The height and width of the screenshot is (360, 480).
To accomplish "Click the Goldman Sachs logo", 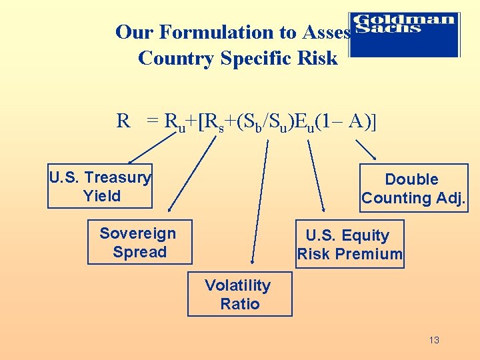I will [405, 34].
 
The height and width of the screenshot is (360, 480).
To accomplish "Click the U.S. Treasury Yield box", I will [100, 187].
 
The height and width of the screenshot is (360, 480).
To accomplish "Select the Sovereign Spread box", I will [139, 242].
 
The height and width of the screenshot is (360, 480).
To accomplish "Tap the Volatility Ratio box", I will [239, 294].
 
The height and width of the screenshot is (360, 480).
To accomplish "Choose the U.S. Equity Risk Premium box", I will [349, 244].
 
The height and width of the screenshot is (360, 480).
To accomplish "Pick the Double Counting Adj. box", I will [413, 188].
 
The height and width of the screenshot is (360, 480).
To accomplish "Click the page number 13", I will [434, 340].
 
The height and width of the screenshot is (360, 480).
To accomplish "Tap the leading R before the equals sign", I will [123, 121].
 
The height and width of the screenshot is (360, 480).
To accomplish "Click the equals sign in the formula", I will [153, 122].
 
